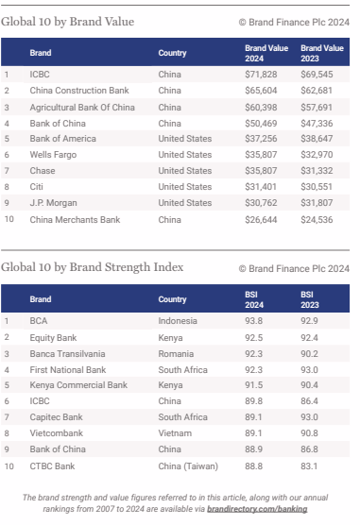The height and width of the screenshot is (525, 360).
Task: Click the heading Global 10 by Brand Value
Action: pyautogui.click(x=68, y=21)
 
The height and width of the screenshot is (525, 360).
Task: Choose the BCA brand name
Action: pyautogui.click(x=39, y=320)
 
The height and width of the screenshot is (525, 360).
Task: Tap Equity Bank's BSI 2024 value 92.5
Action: pyautogui.click(x=253, y=337)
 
